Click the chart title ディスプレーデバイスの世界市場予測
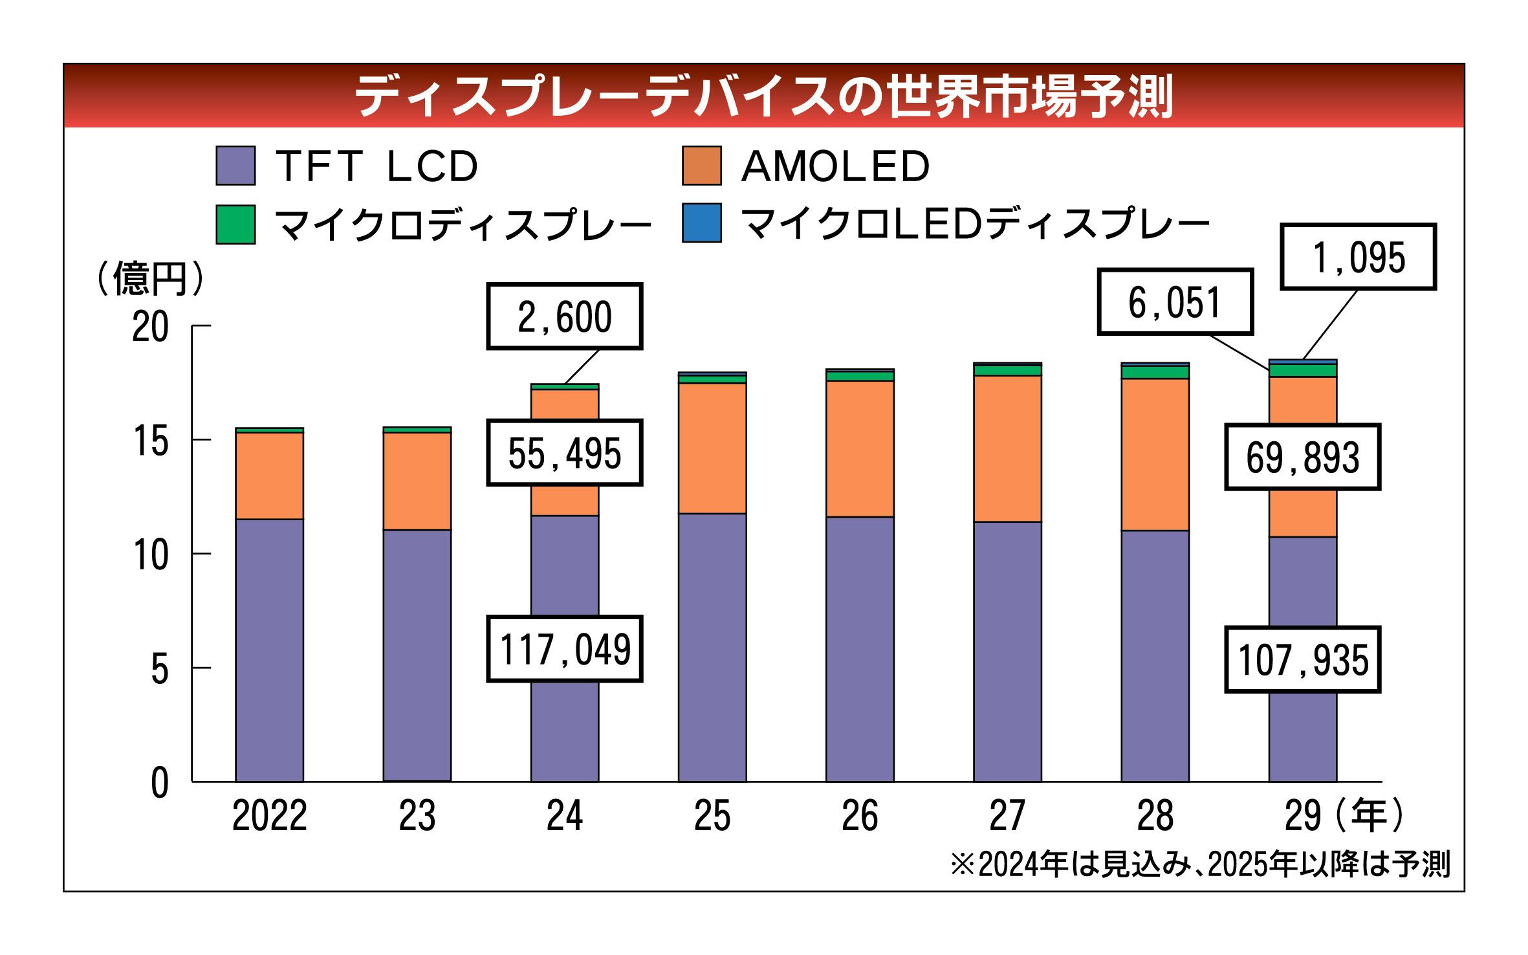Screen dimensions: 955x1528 [763, 96]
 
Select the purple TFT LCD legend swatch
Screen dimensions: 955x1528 [235, 166]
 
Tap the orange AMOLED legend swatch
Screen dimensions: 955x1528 [701, 166]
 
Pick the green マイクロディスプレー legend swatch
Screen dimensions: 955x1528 [235, 225]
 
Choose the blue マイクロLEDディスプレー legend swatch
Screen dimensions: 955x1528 [701, 223]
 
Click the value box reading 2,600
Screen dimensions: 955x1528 [564, 316]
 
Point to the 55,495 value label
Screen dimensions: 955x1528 [564, 453]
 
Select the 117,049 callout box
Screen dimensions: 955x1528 [564, 649]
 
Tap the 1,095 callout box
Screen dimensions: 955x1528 [1358, 257]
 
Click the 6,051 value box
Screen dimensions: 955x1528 [1175, 302]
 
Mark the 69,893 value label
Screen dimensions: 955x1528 [1302, 457]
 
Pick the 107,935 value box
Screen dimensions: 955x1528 [1302, 660]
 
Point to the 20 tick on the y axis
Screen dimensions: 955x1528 [150, 327]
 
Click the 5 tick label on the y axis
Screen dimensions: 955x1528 [159, 669]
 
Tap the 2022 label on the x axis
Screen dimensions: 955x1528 [269, 817]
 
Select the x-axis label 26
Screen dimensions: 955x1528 [860, 817]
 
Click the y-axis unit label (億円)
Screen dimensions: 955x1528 [150, 280]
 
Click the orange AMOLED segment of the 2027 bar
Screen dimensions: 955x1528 [1007, 448]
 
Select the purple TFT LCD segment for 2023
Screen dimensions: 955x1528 [417, 655]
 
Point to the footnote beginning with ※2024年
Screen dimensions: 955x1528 [1199, 864]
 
